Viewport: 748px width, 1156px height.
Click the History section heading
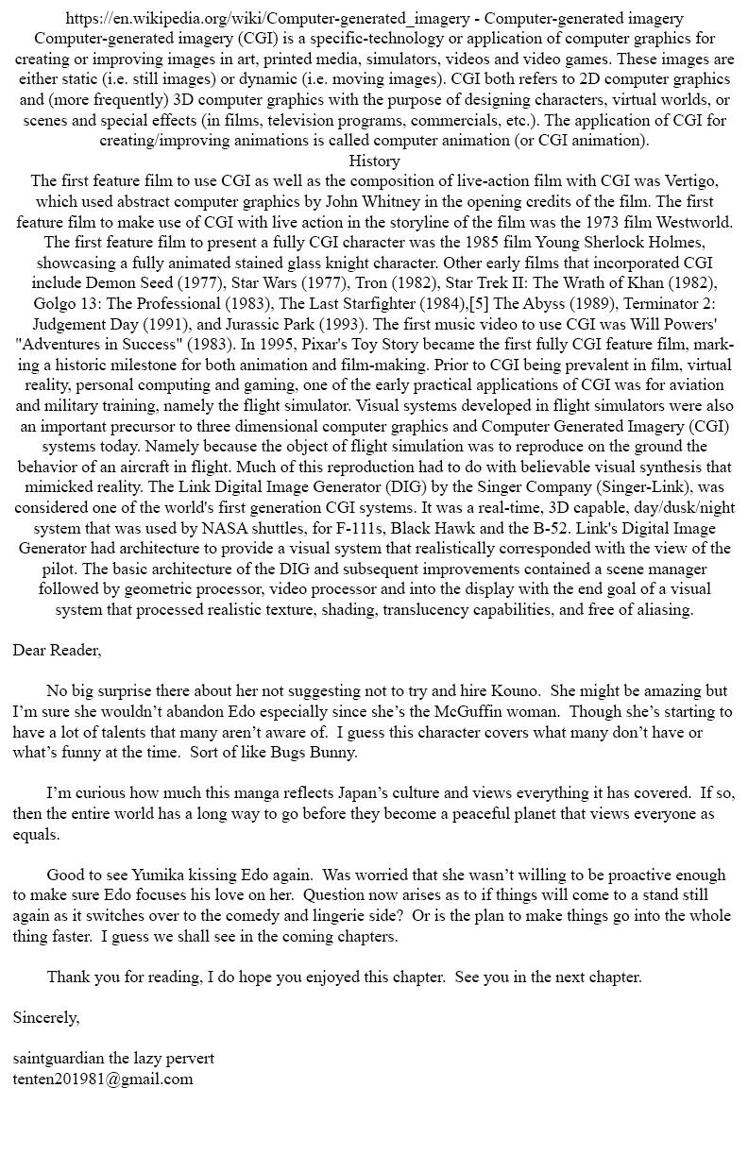[x=374, y=161]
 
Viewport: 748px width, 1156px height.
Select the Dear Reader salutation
[x=57, y=650]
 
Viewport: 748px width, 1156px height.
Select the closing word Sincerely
[x=46, y=1017]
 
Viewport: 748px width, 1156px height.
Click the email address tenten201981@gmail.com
[x=103, y=1079]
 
